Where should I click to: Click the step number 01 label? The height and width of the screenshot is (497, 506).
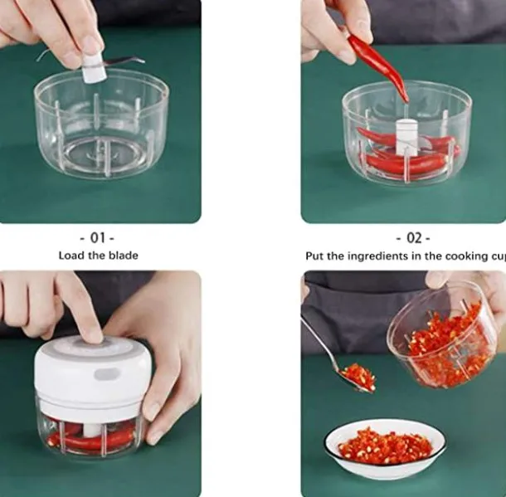[98, 238]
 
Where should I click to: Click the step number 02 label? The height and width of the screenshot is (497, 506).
[413, 238]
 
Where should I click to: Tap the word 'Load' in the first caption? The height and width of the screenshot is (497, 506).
[72, 256]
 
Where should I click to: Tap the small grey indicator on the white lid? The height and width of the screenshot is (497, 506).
[106, 374]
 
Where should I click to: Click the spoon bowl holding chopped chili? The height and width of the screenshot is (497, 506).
[358, 378]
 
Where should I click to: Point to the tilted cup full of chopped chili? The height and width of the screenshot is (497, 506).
[444, 336]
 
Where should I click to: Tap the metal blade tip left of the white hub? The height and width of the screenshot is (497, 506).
[46, 56]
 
